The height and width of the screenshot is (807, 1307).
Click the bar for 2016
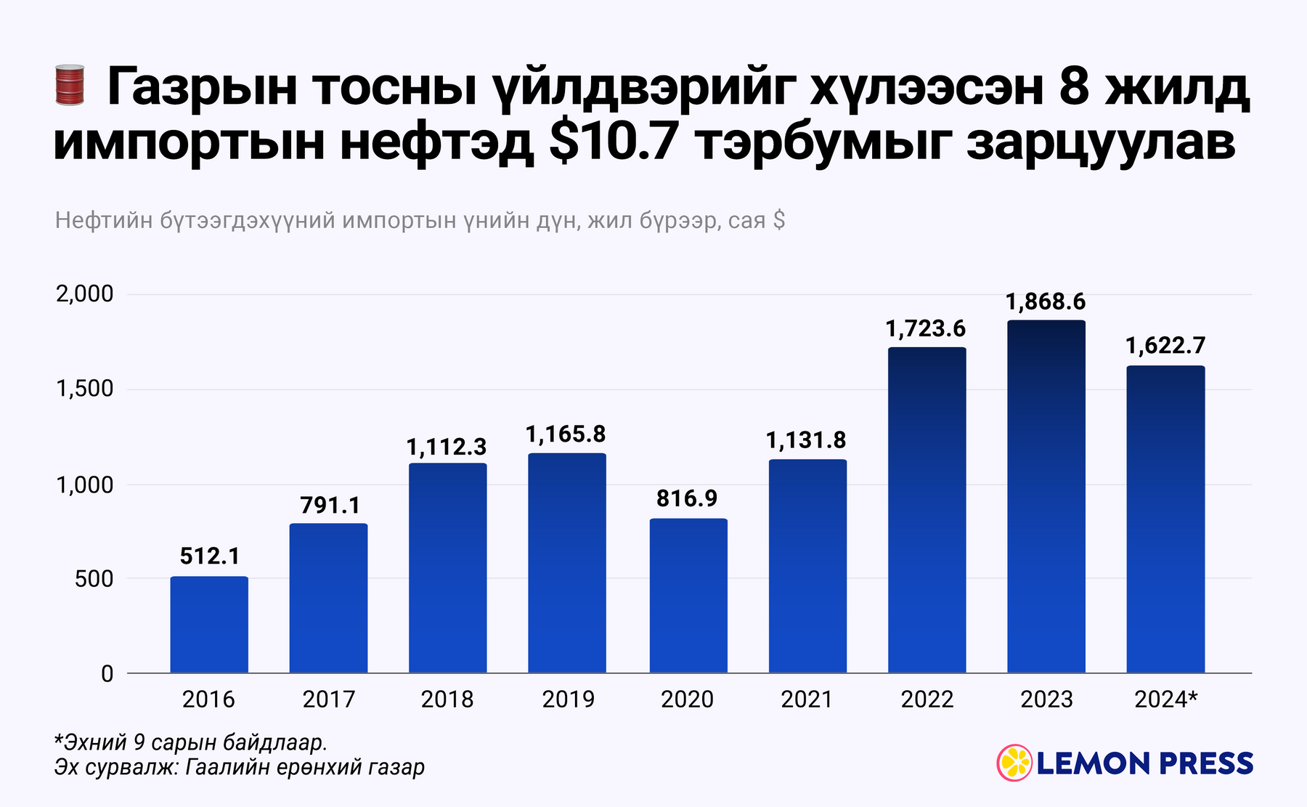click(x=209, y=625)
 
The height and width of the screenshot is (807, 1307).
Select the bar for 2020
click(x=688, y=596)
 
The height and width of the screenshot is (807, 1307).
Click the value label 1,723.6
click(x=926, y=329)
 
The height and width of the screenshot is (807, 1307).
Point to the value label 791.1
click(x=330, y=506)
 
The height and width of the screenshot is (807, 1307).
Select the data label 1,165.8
click(x=566, y=434)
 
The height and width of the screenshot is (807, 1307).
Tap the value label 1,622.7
click(x=1165, y=346)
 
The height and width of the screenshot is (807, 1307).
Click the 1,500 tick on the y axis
click(x=85, y=389)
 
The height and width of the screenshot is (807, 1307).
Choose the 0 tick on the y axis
click(x=107, y=674)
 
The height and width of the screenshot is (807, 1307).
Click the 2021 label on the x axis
click(x=807, y=699)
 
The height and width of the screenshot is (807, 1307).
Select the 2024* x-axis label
click(x=1165, y=699)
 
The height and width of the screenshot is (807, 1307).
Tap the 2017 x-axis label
click(x=329, y=699)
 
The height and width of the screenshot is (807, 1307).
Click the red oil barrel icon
click(x=70, y=85)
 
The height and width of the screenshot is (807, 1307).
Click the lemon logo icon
click(x=1014, y=763)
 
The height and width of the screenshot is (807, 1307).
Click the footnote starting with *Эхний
click(x=191, y=742)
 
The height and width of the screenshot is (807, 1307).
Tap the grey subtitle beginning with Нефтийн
click(x=420, y=220)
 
